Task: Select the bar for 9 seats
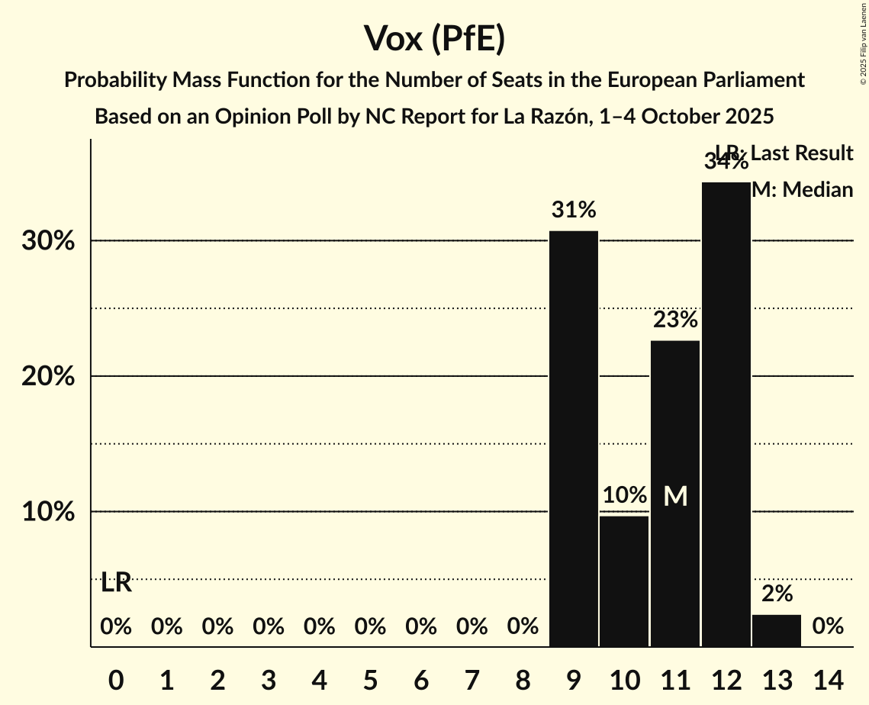pos(574,439)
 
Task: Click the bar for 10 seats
pos(624,581)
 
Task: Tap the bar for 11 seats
pos(675,494)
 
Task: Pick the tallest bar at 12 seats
pos(726,414)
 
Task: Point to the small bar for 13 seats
pos(777,630)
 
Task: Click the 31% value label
pos(574,210)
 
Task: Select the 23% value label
pos(675,320)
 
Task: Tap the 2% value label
pos(777,594)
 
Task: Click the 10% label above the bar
pos(624,495)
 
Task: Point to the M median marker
pos(675,496)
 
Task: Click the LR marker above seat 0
pos(116,584)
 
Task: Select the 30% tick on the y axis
pos(48,242)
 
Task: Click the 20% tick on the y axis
pos(48,377)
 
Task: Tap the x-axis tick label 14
pos(828,679)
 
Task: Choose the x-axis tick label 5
pos(370,679)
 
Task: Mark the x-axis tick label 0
pos(116,679)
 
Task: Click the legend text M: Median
pos(802,190)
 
